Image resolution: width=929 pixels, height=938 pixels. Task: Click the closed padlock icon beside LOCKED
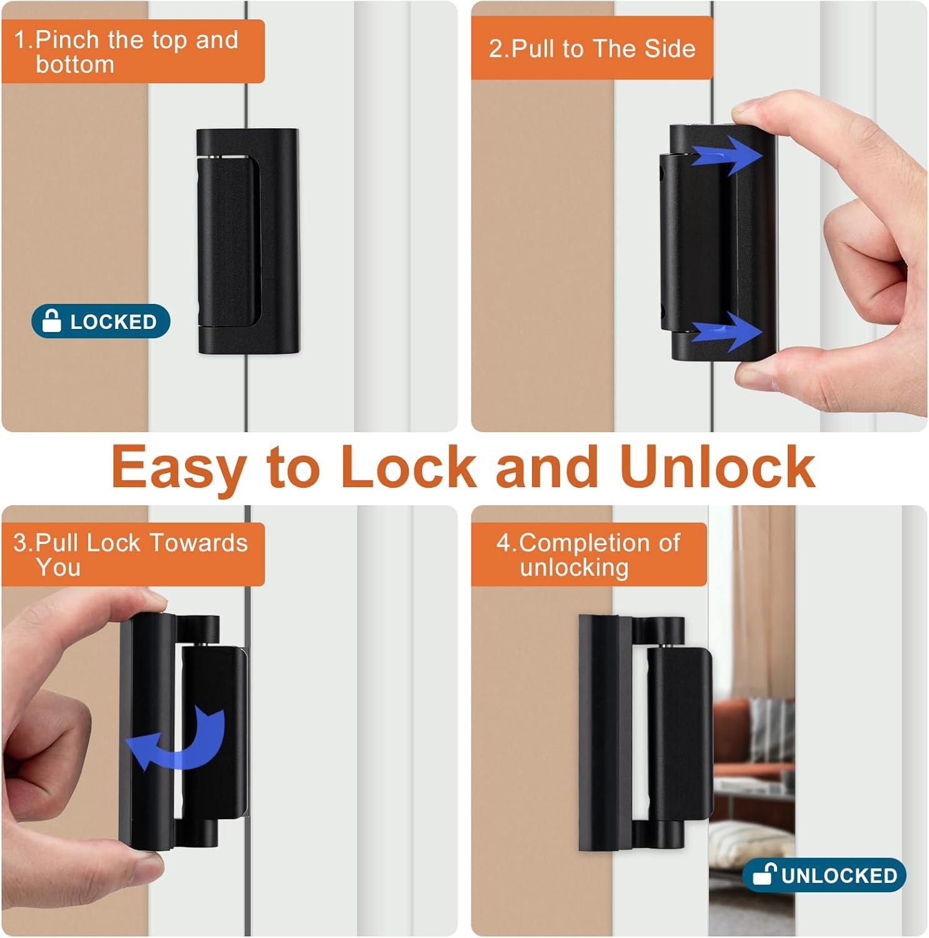[x=51, y=321]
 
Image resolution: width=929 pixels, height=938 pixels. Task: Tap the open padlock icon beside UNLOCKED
[x=764, y=874]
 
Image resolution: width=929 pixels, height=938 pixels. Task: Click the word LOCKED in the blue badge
[x=113, y=321]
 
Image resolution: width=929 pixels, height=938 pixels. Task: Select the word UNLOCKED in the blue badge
[x=839, y=875]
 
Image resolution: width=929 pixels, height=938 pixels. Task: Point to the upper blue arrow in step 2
[x=728, y=154]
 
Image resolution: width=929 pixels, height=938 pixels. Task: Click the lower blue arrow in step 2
[x=728, y=331]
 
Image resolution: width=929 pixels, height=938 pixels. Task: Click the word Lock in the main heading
[x=409, y=466]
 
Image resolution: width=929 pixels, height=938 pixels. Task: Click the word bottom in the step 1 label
[x=75, y=64]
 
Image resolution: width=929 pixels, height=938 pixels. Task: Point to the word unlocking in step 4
[x=574, y=568]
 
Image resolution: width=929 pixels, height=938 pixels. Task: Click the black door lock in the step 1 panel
[x=248, y=241]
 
